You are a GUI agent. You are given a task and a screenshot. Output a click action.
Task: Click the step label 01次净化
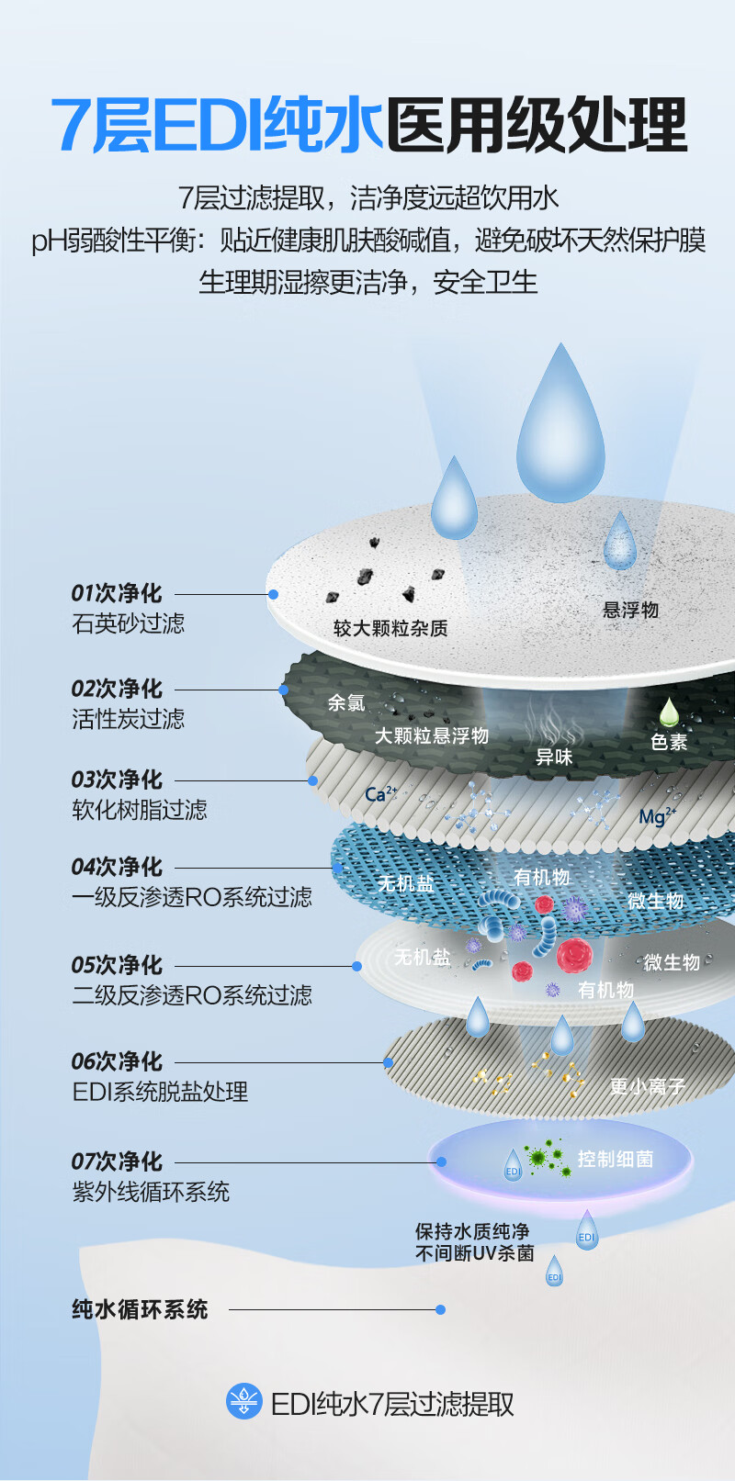(x=117, y=593)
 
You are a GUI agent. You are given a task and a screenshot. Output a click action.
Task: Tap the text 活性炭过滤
(x=129, y=718)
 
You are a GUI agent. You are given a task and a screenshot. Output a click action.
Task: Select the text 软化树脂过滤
(x=140, y=809)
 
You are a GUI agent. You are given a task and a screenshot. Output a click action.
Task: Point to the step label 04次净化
(x=117, y=867)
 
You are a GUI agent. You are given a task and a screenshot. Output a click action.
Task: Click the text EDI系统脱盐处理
(x=161, y=1091)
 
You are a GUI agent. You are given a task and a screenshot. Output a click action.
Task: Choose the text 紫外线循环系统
(x=151, y=1191)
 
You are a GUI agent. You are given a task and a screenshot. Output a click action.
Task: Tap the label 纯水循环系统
(x=141, y=1309)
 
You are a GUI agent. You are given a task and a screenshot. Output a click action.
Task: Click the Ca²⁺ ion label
(x=380, y=793)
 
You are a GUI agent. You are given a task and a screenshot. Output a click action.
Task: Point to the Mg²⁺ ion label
(x=656, y=816)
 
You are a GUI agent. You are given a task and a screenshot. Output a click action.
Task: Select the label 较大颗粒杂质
(x=390, y=628)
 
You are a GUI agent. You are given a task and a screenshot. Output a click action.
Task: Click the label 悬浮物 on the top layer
(x=630, y=610)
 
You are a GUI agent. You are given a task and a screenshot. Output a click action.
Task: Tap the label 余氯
(x=346, y=703)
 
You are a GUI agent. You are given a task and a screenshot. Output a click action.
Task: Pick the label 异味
(x=554, y=757)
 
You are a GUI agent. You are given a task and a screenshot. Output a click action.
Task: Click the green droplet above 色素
(x=669, y=712)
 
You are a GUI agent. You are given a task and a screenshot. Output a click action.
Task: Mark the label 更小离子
(x=648, y=1086)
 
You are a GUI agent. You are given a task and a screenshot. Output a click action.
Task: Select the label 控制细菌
(x=616, y=1159)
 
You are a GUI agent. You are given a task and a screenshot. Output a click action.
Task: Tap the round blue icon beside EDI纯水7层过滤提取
(x=243, y=1401)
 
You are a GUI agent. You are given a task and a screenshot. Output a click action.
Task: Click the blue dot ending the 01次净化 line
(x=273, y=594)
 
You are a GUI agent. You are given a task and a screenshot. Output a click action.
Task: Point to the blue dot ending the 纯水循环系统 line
(x=441, y=1309)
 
